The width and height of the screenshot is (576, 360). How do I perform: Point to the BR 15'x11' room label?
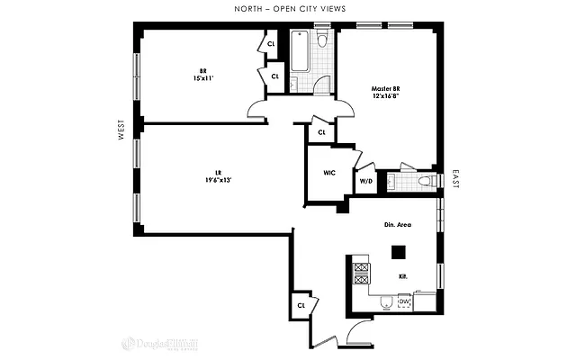point(203,75)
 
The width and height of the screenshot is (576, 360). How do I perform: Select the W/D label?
point(365,180)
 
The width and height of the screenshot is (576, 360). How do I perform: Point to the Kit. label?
point(402,276)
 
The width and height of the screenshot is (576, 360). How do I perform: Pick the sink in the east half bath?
point(392,183)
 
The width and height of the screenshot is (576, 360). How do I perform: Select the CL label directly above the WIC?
point(320,132)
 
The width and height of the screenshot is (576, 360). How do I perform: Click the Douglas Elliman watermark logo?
point(153,342)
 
